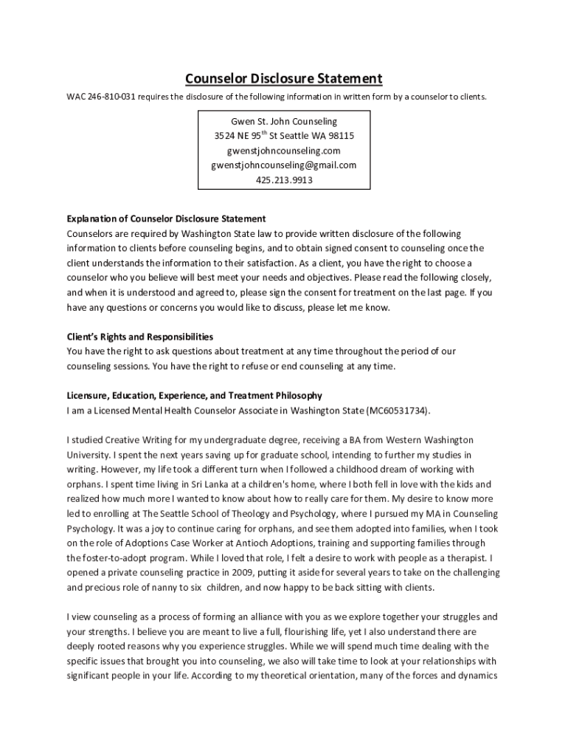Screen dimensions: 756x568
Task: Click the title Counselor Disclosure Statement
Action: (283, 78)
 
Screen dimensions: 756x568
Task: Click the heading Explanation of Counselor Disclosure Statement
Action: (166, 219)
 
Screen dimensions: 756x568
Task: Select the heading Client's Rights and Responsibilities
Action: (140, 337)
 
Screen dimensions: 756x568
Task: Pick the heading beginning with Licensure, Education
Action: (194, 396)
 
